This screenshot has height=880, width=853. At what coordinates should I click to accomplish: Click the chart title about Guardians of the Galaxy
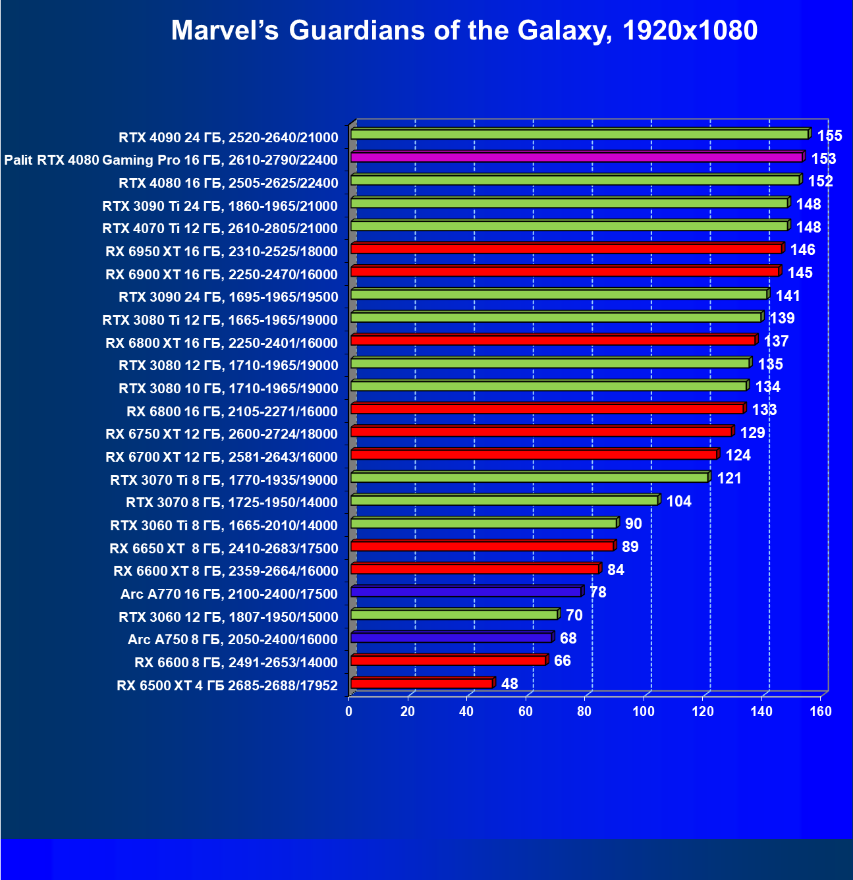(x=464, y=30)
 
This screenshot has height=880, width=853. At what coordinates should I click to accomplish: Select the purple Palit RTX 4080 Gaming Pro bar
(x=576, y=157)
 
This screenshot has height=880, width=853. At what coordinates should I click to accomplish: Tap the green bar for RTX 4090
(x=580, y=134)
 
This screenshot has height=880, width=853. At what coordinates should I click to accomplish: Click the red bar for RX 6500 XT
(x=422, y=684)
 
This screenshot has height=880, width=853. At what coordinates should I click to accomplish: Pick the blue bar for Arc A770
(x=466, y=592)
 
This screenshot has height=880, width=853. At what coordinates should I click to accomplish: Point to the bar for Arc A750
(x=451, y=638)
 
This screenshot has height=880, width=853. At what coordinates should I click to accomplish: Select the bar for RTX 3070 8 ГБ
(x=504, y=501)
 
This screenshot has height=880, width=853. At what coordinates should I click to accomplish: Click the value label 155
(x=829, y=136)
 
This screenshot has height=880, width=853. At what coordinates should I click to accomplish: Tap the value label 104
(x=678, y=501)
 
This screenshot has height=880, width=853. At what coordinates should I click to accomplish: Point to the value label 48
(x=509, y=684)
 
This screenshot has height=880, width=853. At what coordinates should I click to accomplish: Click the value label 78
(x=597, y=592)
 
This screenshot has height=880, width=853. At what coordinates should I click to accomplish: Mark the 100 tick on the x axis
(x=643, y=711)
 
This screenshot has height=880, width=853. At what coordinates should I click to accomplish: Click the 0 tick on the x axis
(x=349, y=711)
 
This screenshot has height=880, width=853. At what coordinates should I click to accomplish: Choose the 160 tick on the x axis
(x=820, y=711)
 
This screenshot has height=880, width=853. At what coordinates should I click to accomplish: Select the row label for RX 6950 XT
(x=221, y=252)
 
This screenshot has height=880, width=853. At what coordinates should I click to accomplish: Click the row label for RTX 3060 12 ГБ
(x=228, y=617)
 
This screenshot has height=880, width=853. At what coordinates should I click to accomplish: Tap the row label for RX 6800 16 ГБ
(x=232, y=412)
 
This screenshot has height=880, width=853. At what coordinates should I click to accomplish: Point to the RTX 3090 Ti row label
(x=220, y=206)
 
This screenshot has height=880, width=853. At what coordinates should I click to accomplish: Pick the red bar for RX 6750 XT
(x=541, y=431)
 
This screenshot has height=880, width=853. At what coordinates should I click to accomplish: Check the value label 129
(x=752, y=433)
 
